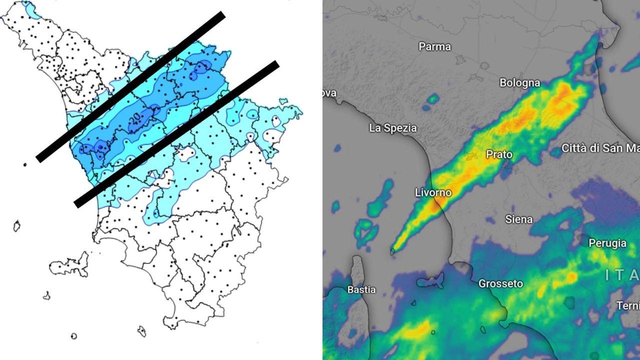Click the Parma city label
coord(434,46)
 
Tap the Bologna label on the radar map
coord(520,82)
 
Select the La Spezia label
coord(392,128)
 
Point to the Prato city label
coord(499,154)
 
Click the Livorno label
coord(433,192)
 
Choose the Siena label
coord(518,219)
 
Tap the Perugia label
coord(607,243)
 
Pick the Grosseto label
coord(500,283)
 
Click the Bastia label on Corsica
coord(361,289)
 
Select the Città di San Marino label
coord(600,148)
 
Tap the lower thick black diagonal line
coord(176,134)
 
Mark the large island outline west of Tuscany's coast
coord(70,263)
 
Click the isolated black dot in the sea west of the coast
coord(24,164)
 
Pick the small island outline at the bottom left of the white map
coord(74,336)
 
